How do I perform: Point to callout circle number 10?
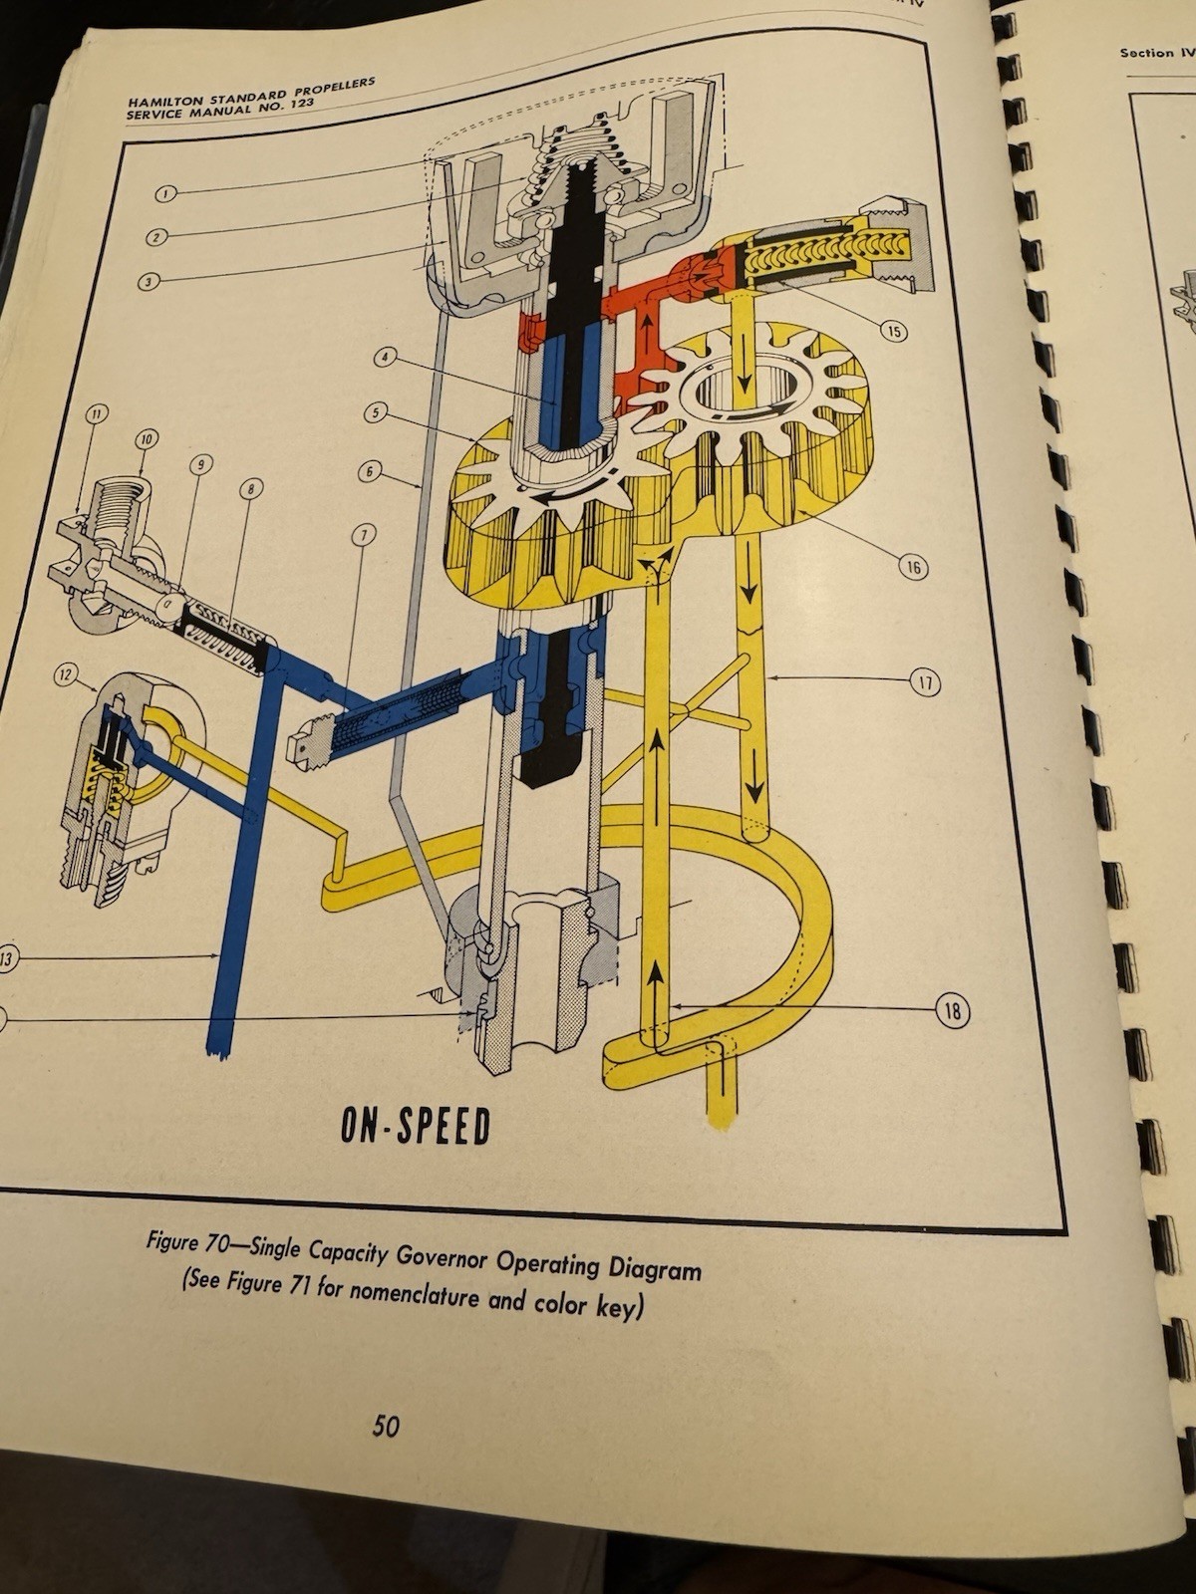tap(147, 438)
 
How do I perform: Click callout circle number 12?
tap(66, 676)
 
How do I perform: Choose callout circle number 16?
tap(913, 568)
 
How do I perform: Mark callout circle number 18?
tap(952, 1012)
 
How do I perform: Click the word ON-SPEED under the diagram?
tap(416, 1126)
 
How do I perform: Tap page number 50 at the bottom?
tap(386, 1427)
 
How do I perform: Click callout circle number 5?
tap(376, 410)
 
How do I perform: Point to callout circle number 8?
tap(249, 488)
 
